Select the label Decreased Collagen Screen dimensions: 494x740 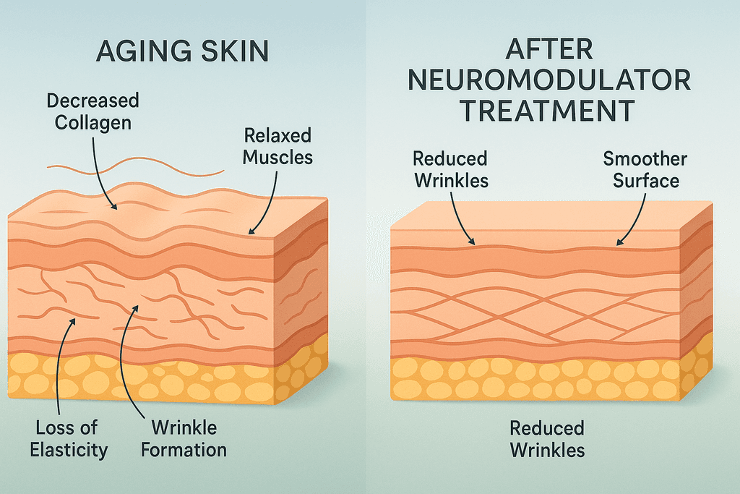coord(93,111)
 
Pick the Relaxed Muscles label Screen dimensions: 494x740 coord(277,145)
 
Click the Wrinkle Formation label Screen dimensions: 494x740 coord(184,438)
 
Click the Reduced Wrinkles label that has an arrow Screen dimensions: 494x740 coord(450,169)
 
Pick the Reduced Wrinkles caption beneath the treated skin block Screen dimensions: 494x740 coord(547,438)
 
